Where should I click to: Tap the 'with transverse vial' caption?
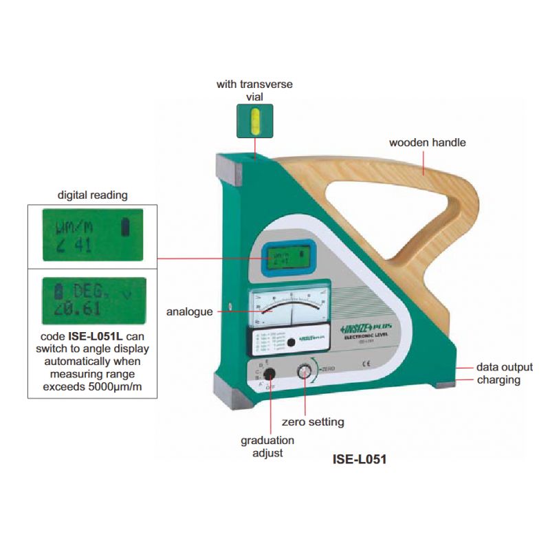click(254, 91)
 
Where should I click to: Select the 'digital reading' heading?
click(92, 195)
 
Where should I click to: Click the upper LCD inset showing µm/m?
click(93, 234)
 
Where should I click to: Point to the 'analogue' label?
click(189, 311)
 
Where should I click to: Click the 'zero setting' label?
click(313, 421)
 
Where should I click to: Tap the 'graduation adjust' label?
click(267, 446)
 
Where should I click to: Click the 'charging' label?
click(498, 379)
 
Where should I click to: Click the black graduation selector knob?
click(269, 374)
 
